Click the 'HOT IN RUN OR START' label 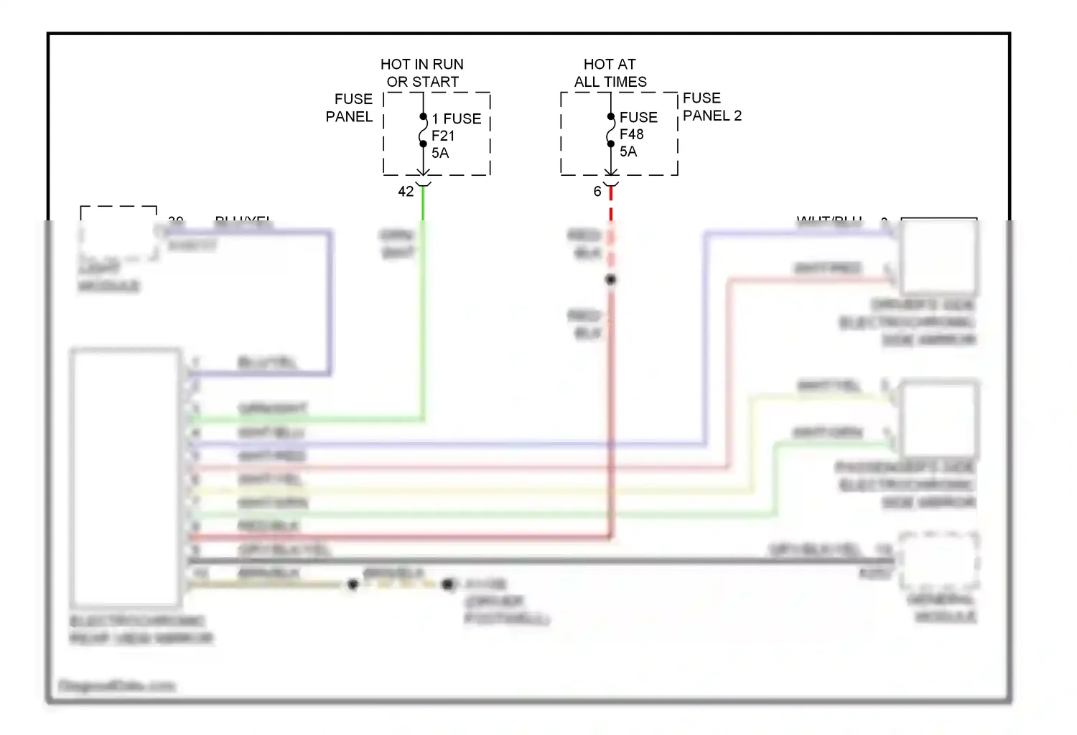tap(422, 73)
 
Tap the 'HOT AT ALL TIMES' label tap(610, 73)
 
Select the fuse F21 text tap(443, 136)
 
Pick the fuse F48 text tap(632, 134)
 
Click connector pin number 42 tap(406, 192)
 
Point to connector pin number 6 tap(597, 192)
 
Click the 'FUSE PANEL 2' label tap(712, 107)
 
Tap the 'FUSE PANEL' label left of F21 tap(350, 108)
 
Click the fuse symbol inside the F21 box tap(423, 131)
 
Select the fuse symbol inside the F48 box tap(610, 130)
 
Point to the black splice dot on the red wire tap(610, 280)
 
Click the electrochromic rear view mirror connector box tap(126, 477)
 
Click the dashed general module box tap(939, 560)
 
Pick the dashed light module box tap(118, 233)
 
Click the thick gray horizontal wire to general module tap(538, 561)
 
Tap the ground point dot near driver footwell tap(448, 584)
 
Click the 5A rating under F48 tap(628, 151)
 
